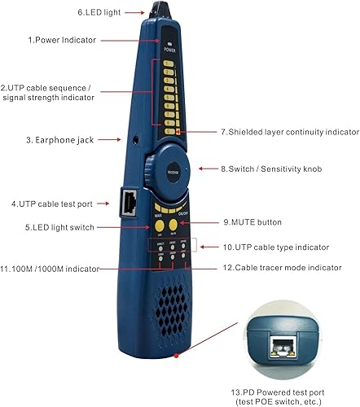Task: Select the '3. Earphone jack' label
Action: point(61,140)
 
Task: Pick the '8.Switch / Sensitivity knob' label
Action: point(272,168)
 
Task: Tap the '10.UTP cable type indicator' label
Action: point(275,246)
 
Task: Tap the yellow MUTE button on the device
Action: point(173,225)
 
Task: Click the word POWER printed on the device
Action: point(170,49)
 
